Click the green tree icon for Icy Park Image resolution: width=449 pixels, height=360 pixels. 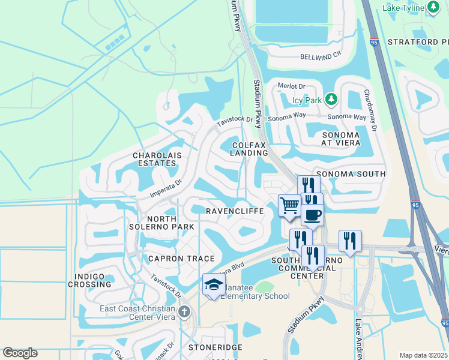[x=331, y=98]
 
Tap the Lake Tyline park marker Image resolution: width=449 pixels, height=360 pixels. [x=434, y=7]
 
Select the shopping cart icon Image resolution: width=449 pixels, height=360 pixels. [x=289, y=206]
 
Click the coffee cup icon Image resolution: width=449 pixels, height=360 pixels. [x=312, y=215]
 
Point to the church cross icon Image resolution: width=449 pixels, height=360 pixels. [x=184, y=311]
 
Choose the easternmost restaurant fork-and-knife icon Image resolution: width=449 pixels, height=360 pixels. [x=350, y=241]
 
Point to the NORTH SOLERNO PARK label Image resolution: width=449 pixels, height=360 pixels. [x=161, y=222]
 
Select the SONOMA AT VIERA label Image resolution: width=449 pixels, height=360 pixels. [x=340, y=139]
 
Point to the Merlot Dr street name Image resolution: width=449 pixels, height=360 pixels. [x=292, y=86]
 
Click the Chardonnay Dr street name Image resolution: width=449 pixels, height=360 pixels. [x=370, y=111]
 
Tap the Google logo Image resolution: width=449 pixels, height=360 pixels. [x=20, y=353]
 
